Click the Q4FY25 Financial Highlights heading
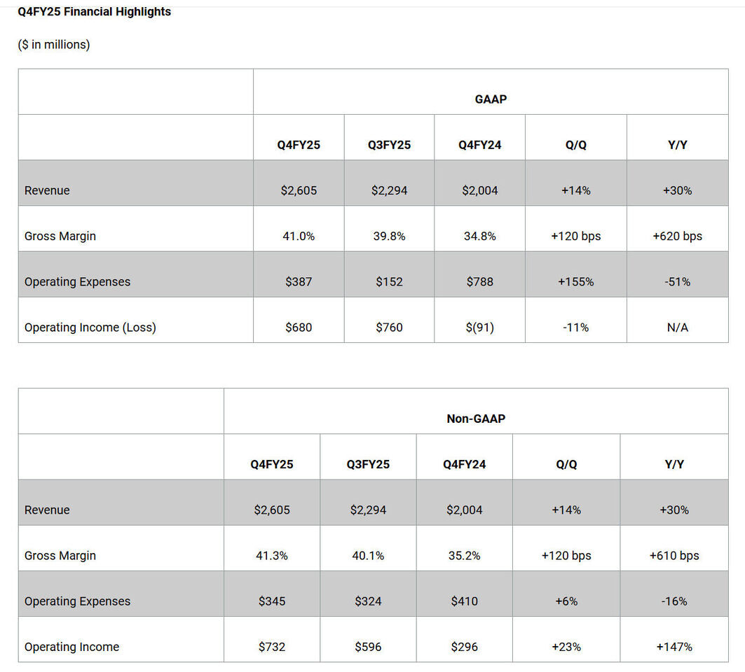click(x=94, y=11)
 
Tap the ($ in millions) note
click(x=54, y=45)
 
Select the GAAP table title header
click(x=491, y=99)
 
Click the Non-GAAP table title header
click(x=476, y=419)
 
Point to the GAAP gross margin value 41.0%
click(x=299, y=236)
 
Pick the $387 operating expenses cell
click(x=299, y=281)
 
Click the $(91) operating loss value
click(x=480, y=328)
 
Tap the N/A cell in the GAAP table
click(x=678, y=328)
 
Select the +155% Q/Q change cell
click(x=576, y=282)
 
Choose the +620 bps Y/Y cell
click(x=678, y=237)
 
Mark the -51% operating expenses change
click(x=678, y=282)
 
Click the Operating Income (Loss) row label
click(x=90, y=328)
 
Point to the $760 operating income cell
click(x=389, y=328)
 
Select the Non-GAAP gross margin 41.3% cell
click(x=272, y=555)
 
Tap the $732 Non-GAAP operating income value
click(x=272, y=647)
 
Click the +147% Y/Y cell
click(x=674, y=647)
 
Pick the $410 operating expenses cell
click(x=464, y=601)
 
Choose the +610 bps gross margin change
click(x=674, y=556)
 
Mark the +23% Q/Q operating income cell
click(x=566, y=647)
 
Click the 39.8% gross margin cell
click(x=389, y=236)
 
